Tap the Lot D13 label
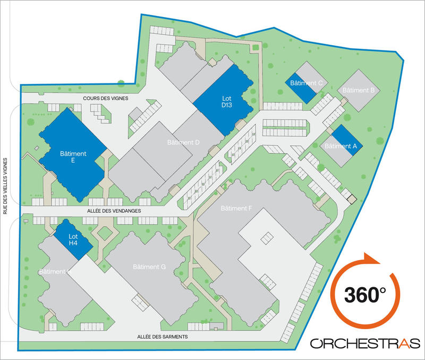(227, 102)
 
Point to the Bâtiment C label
(307, 83)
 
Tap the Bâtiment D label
(183, 143)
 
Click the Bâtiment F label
(236, 208)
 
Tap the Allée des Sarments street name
(162, 337)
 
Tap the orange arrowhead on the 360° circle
(372, 259)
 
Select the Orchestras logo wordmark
(364, 343)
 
